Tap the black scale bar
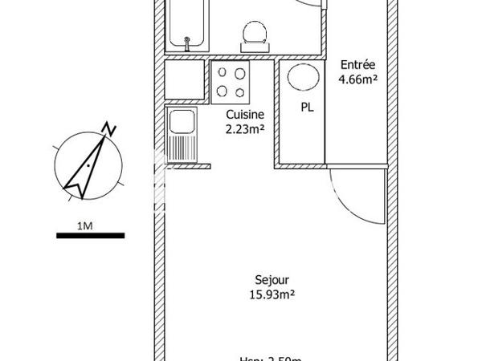click(x=91, y=236)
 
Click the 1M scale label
click(x=85, y=225)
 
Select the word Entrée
click(x=357, y=65)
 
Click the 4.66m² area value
click(x=357, y=79)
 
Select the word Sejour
click(x=272, y=280)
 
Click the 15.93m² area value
click(x=272, y=294)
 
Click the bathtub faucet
click(x=187, y=40)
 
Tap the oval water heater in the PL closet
click(x=302, y=79)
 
